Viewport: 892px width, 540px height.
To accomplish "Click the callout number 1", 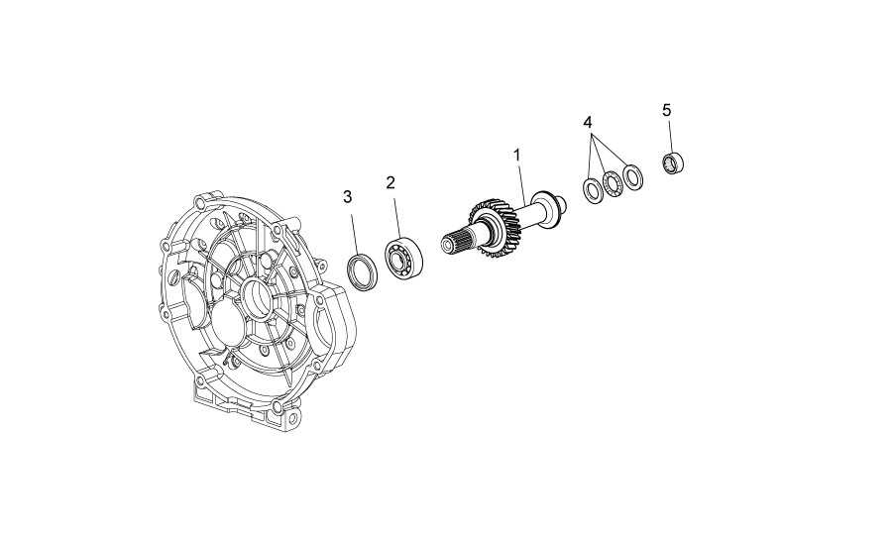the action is [517, 155].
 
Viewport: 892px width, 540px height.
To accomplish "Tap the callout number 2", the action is [390, 182].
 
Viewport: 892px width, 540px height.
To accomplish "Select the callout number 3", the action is [347, 196].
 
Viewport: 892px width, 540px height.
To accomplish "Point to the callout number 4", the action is [588, 122].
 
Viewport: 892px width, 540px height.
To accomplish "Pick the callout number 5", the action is [667, 110].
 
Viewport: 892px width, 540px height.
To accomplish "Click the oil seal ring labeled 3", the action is [363, 273].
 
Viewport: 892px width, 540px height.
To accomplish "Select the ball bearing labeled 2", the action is [404, 259].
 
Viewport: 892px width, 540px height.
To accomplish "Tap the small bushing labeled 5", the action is [674, 163].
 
